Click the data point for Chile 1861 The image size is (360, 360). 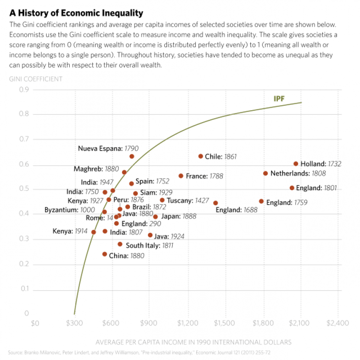click(x=201, y=157)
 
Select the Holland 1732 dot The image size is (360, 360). click(x=296, y=164)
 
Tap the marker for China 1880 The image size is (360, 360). click(x=105, y=254)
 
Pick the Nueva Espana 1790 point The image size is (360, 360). click(x=132, y=157)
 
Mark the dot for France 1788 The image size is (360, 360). click(x=181, y=176)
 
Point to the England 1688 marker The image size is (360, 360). click(x=215, y=203)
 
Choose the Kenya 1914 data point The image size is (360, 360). click(x=94, y=232)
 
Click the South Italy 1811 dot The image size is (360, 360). click(x=120, y=244)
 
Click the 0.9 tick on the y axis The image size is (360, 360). click(x=23, y=90)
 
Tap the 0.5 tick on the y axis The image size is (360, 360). click(x=23, y=189)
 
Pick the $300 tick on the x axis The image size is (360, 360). click(x=74, y=323)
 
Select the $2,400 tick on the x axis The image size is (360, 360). click(x=337, y=323)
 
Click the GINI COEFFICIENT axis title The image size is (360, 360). click(x=36, y=79)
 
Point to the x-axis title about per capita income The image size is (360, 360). click(x=193, y=342)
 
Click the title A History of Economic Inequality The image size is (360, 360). click(x=76, y=13)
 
